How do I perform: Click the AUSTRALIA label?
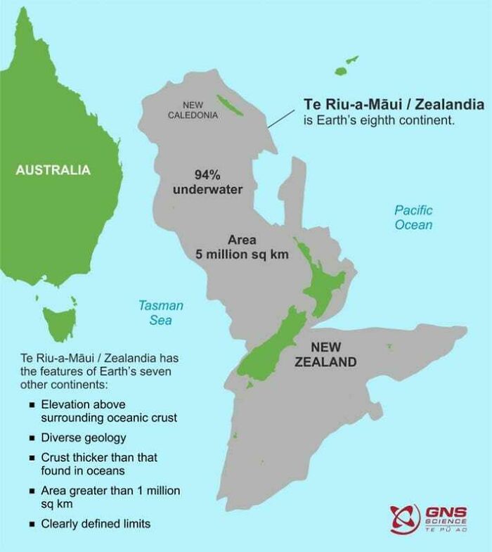(x=53, y=169)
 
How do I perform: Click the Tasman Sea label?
(x=160, y=313)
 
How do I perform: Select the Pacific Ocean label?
(x=413, y=217)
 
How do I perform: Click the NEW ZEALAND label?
(x=325, y=355)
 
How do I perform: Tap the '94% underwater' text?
(x=208, y=182)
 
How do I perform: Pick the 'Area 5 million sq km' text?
(x=241, y=247)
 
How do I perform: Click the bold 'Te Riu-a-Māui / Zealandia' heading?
(x=394, y=104)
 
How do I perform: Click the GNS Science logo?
(x=429, y=519)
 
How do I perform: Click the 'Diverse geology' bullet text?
(x=84, y=437)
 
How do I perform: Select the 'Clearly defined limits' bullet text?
(x=96, y=523)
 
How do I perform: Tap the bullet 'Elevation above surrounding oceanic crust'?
(x=109, y=411)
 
